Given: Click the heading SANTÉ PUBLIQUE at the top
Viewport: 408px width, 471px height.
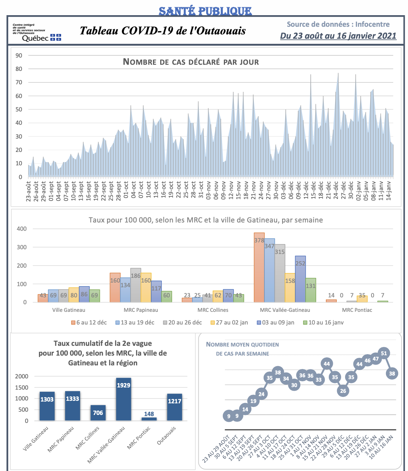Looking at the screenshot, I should [205, 11].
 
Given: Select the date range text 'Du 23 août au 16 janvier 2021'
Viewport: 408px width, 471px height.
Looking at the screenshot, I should [338, 36].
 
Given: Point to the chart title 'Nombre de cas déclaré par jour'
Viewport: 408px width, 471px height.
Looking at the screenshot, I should [191, 62].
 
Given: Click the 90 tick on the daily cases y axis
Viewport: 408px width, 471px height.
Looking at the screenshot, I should [19, 55].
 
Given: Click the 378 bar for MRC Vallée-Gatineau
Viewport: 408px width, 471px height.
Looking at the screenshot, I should [259, 267].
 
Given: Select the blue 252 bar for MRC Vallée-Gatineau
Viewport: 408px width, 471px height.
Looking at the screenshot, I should [300, 279].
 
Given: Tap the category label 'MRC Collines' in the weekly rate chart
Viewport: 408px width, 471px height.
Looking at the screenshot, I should [213, 310].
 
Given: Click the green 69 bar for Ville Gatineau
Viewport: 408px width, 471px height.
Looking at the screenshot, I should [95, 296].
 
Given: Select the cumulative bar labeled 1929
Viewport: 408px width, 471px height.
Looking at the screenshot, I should [123, 399].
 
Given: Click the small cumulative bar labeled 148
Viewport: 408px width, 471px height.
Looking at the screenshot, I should [149, 419].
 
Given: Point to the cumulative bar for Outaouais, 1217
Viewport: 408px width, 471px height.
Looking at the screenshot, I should [174, 407].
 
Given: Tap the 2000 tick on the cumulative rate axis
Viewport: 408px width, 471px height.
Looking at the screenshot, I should [22, 376].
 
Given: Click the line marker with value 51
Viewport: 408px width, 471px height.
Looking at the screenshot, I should [384, 353].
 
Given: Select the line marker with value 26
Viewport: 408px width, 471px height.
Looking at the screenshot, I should [343, 391].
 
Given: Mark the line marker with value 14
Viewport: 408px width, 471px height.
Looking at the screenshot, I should [245, 410].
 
